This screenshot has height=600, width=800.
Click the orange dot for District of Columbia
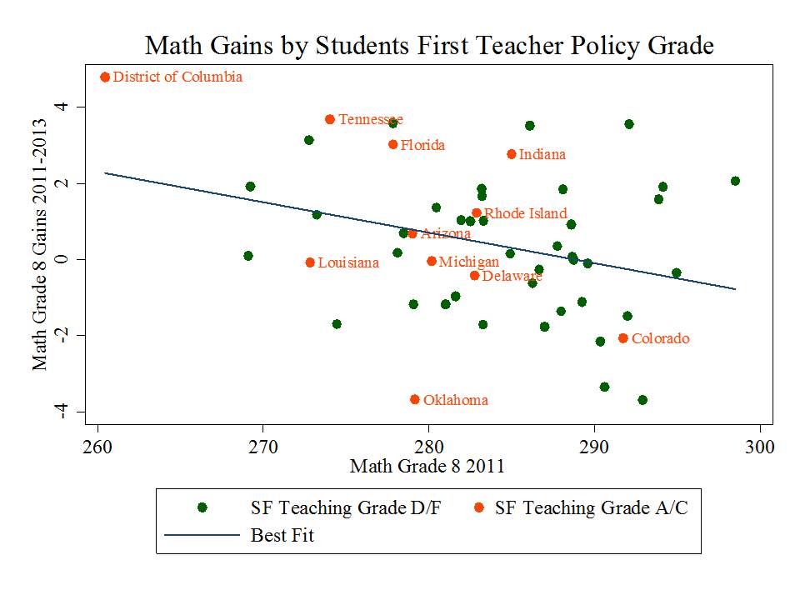pyautogui.click(x=105, y=77)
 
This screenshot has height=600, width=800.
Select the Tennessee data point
pyautogui.click(x=330, y=120)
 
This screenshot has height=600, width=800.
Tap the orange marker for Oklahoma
pyautogui.click(x=415, y=400)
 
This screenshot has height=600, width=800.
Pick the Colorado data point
pyautogui.click(x=622, y=338)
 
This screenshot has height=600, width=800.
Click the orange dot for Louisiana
pyautogui.click(x=310, y=262)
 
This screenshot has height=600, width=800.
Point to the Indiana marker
pyautogui.click(x=512, y=154)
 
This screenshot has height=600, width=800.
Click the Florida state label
pyautogui.click(x=422, y=145)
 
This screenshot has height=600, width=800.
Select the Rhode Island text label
pyautogui.click(x=525, y=213)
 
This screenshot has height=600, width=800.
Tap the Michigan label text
pyautogui.click(x=468, y=262)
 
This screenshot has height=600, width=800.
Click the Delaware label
pyautogui.click(x=512, y=276)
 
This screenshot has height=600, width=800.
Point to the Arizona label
pyautogui.click(x=445, y=234)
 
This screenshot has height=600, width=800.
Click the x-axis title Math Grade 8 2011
pyautogui.click(x=427, y=466)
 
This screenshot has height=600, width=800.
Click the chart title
pyautogui.click(x=429, y=46)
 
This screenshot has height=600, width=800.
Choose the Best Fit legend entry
pyautogui.click(x=282, y=535)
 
